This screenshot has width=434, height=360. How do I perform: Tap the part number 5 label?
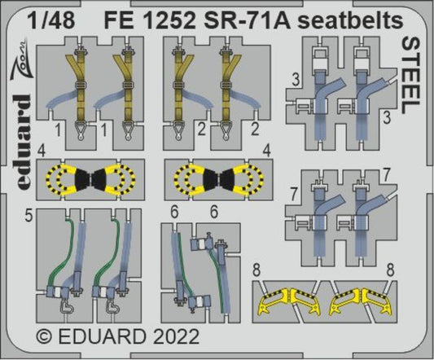click(x=29, y=218)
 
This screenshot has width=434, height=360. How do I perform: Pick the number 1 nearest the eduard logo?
click(x=56, y=128)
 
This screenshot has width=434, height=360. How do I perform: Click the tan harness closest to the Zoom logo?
click(x=80, y=82)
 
